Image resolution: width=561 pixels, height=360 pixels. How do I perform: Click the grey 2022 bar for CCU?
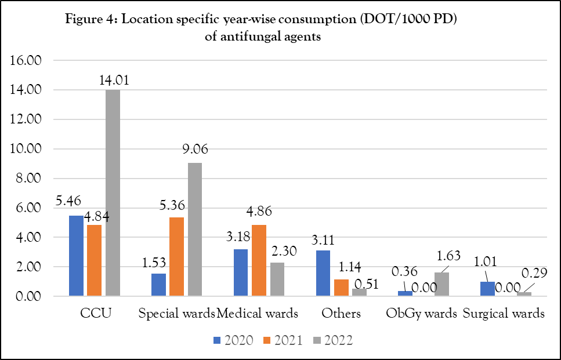[x=113, y=192]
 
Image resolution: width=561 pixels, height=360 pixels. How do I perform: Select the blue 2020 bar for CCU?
[x=76, y=256]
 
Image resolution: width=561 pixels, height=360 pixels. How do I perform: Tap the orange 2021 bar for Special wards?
[x=177, y=257]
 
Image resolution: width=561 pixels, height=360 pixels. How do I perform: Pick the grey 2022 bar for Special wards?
[x=195, y=230]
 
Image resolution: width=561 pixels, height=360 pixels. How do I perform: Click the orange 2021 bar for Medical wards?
[x=259, y=260]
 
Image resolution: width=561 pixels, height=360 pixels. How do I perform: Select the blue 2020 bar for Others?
[x=323, y=273]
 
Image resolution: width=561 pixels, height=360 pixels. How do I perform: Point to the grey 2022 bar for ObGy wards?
[x=442, y=284]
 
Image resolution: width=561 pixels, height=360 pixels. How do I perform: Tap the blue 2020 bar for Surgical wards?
[x=488, y=289]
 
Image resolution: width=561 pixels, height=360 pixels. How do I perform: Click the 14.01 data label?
[x=113, y=80]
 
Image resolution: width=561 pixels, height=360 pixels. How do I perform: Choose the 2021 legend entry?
[x=283, y=340]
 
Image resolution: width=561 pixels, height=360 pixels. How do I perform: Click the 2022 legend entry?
[x=333, y=340]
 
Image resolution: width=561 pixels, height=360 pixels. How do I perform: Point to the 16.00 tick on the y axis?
[x=27, y=60]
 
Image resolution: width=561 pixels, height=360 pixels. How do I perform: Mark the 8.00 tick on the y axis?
[x=30, y=179]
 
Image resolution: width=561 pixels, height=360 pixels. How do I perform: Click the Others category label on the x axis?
[x=341, y=314]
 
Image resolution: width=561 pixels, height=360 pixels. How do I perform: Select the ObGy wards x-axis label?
[x=422, y=314]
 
